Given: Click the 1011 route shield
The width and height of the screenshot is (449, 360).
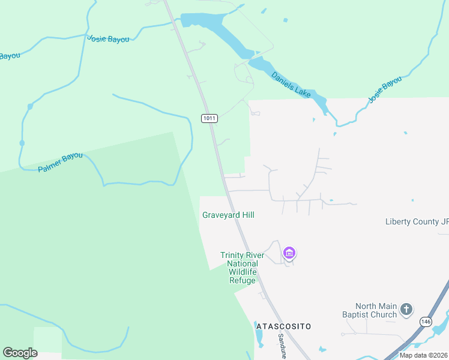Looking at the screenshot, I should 209,118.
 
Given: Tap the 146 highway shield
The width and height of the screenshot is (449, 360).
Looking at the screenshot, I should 425,321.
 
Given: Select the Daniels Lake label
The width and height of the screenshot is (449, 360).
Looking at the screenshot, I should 291,85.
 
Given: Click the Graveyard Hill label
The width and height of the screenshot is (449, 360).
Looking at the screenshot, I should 228,215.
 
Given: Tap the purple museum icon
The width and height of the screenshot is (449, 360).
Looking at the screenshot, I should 289,253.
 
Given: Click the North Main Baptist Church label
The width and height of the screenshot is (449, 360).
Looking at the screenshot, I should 376,310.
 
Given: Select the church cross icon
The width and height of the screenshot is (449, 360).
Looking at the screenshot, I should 406,310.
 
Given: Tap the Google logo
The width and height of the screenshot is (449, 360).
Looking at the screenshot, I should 20,353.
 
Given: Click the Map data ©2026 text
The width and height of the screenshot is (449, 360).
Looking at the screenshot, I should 424,355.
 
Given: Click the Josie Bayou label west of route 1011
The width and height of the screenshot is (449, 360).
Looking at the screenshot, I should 108,38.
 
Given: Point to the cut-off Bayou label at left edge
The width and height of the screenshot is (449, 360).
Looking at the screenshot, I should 10,56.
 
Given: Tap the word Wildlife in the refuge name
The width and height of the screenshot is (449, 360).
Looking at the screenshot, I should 243,272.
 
